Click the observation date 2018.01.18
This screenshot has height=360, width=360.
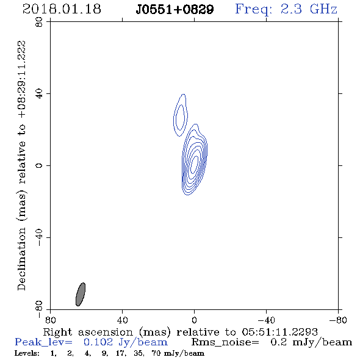tap(62, 9)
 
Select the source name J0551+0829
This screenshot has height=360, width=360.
tap(175, 10)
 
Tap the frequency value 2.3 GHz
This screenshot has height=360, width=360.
tap(309, 9)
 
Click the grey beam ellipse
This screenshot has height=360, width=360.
tap(81, 294)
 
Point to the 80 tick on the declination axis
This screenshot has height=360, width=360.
tap(39, 22)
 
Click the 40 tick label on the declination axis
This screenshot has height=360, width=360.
tap(39, 94)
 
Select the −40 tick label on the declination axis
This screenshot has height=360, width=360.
tap(39, 237)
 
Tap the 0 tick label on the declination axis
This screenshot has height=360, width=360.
tap(39, 165)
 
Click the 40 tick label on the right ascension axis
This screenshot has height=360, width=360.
tap(122, 320)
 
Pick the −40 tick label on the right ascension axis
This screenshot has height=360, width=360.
tap(266, 320)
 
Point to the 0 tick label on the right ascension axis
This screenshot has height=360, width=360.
tap(194, 320)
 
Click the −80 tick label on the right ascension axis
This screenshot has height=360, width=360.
tap(338, 320)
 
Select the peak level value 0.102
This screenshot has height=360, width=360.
tap(98, 342)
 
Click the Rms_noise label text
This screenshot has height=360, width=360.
tap(225, 342)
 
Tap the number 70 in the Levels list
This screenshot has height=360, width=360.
tap(156, 353)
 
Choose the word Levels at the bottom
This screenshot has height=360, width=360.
tap(27, 353)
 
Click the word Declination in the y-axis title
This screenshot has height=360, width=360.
tap(21, 259)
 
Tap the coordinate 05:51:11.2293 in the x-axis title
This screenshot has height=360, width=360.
tap(279, 332)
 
